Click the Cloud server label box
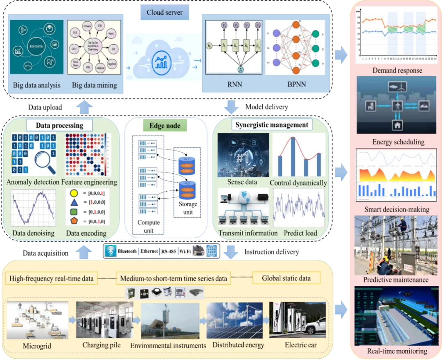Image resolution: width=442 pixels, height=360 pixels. [165, 13]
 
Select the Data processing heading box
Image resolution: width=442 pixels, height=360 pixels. [59, 125]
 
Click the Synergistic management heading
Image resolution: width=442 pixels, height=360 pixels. [272, 124]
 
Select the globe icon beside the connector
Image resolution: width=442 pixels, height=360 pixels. [212, 251]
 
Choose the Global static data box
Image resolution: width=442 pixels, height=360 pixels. [286, 278]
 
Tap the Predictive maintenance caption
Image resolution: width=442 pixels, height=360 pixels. [396, 280]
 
